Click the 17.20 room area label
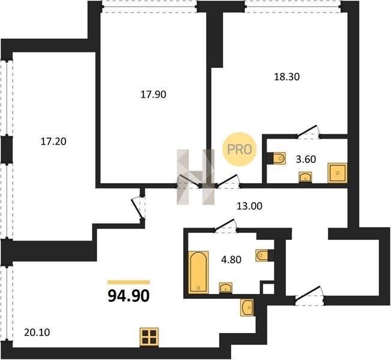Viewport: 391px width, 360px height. pos(53,142)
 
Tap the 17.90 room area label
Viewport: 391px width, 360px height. pos(153,95)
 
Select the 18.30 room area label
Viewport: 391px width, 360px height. pos(286,77)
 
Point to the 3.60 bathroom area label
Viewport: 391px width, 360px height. pos(306,159)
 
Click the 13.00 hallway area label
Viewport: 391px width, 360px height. pos(249,206)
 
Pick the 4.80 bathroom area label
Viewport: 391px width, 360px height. pos(231,260)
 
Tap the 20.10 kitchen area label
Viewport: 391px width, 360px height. pos(37,332)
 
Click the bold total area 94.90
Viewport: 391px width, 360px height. pos(129,296)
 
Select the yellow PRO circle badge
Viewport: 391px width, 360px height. pos(240,149)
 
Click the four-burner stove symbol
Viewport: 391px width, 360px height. pos(149,337)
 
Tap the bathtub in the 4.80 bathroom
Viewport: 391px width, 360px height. pos(198,272)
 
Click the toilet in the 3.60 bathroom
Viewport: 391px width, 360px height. pos(279,158)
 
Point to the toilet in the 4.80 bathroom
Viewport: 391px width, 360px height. pos(262,256)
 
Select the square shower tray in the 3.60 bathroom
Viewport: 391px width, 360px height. pos(337,173)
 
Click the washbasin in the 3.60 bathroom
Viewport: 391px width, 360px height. pos(305,177)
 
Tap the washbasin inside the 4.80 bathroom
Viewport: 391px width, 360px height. pos(226,288)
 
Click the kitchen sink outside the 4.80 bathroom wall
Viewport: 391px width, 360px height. pos(247,308)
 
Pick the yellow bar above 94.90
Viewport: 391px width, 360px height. pos(129,282)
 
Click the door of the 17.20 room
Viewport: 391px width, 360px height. pos(138,208)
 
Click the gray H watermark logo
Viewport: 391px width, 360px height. pos(196,177)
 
